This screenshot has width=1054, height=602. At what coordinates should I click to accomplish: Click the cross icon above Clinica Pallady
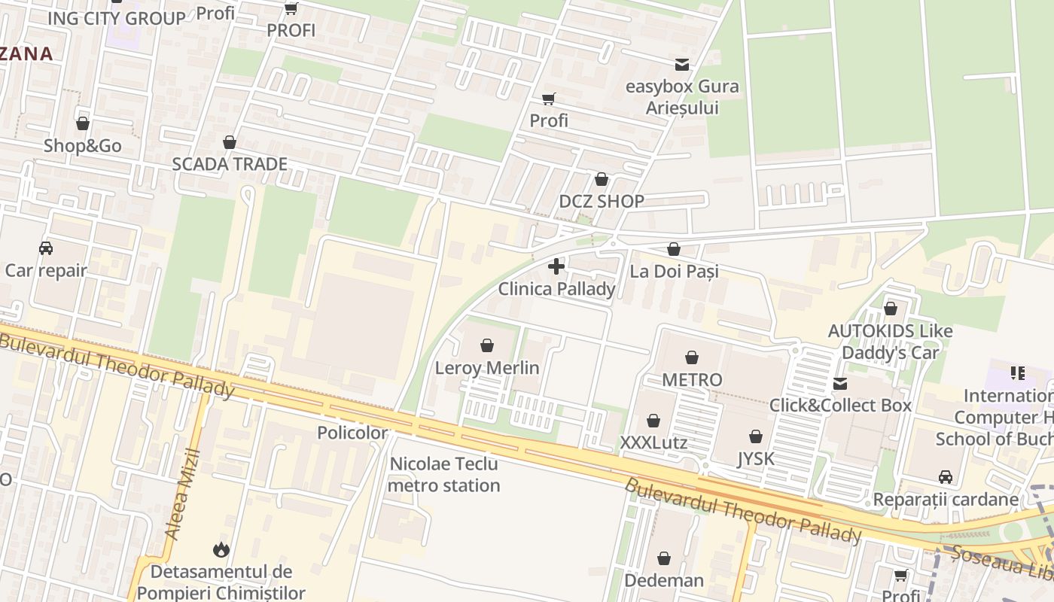tap(556, 266)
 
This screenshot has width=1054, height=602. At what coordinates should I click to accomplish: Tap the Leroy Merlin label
tap(487, 368)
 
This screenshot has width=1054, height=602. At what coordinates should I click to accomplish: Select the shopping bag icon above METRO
tap(692, 357)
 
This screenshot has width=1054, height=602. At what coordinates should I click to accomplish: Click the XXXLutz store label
tap(653, 442)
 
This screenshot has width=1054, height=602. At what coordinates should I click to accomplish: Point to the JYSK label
tap(755, 458)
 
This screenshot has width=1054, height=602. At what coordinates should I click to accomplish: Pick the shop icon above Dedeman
tap(664, 558)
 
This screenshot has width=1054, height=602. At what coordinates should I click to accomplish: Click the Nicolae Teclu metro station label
tap(444, 475)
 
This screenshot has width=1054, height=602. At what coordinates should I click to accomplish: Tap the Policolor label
tap(352, 433)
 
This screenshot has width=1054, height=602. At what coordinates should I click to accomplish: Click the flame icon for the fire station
tap(221, 550)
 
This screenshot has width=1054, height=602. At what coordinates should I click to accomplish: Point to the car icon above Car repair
tap(46, 248)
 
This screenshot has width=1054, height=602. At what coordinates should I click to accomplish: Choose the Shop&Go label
tap(82, 145)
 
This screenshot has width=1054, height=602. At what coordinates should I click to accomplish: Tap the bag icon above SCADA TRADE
tap(230, 142)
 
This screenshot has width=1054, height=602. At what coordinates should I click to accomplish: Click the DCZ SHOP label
tap(601, 201)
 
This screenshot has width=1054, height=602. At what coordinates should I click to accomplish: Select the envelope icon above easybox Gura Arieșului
tap(682, 65)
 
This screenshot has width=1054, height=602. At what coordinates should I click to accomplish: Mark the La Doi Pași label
tap(674, 271)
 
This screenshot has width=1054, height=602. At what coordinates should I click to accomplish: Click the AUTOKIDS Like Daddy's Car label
tap(890, 342)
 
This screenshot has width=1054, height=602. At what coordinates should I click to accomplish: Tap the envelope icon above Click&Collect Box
tap(840, 384)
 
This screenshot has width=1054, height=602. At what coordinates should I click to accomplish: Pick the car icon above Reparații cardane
tap(946, 477)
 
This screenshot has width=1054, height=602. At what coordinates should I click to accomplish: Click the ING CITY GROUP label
tap(116, 19)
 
